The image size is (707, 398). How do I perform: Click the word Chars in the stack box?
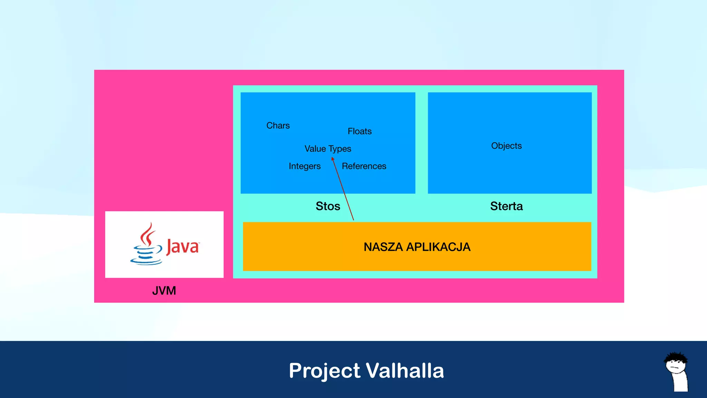click(x=278, y=125)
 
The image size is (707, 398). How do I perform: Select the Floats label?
click(x=359, y=131)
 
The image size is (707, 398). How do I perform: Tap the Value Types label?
click(x=328, y=149)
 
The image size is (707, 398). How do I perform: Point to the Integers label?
click(x=304, y=166)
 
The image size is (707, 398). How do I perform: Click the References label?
click(x=364, y=166)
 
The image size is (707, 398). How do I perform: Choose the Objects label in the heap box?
click(x=506, y=146)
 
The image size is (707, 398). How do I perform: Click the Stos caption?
click(x=328, y=206)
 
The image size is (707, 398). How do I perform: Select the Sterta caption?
click(x=506, y=206)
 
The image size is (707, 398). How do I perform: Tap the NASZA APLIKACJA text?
click(x=417, y=247)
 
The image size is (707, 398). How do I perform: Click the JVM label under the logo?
click(x=164, y=291)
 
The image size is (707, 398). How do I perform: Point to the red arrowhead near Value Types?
click(x=333, y=159)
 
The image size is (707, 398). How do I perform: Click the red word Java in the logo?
click(x=182, y=247)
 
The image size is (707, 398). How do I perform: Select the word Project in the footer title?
click(x=325, y=371)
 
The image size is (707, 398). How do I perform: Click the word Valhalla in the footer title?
click(x=405, y=371)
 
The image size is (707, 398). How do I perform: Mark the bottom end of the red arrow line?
click(x=353, y=219)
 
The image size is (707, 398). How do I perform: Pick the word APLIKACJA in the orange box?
click(x=438, y=247)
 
